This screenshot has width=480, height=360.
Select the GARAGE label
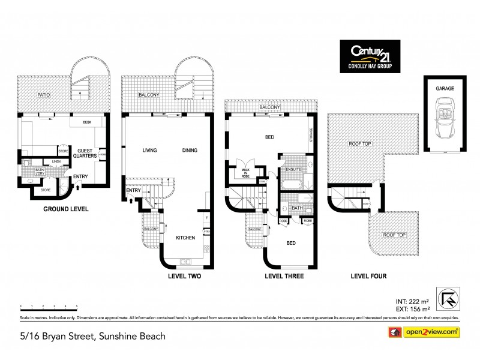(445, 88)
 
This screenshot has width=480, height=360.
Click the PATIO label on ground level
(43, 95)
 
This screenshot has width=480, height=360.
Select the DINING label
(190, 150)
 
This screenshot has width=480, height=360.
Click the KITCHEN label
(185, 238)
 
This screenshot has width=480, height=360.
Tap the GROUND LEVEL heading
(65, 209)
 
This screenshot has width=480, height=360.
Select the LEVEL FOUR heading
(368, 277)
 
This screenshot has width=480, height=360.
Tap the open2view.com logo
(425, 331)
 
